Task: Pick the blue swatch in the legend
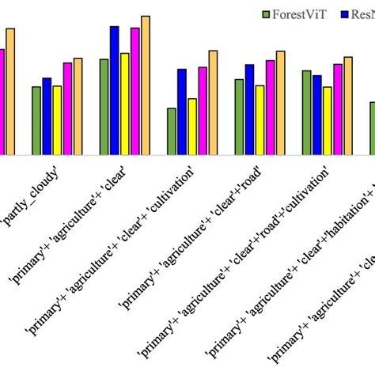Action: click(345, 15)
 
